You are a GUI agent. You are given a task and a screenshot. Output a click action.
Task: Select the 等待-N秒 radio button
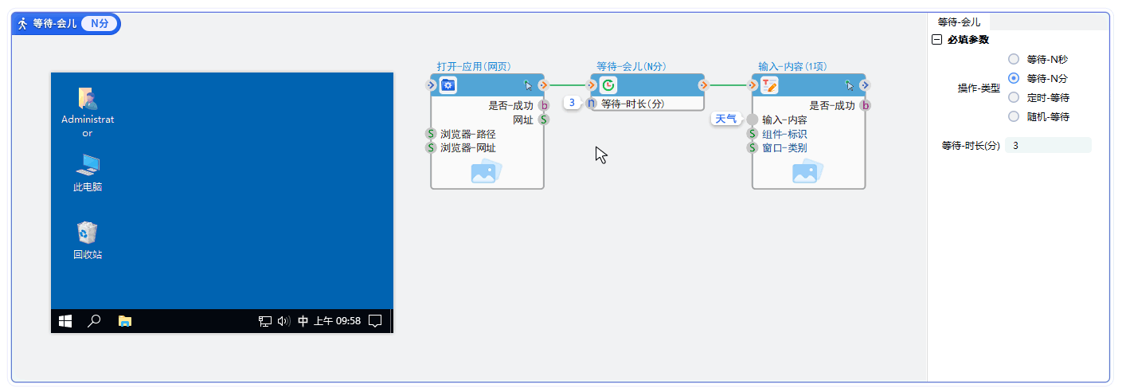pyautogui.click(x=1014, y=59)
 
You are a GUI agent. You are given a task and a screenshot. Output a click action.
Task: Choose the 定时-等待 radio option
pyautogui.click(x=1014, y=97)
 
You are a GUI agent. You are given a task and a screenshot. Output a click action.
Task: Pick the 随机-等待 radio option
pyautogui.click(x=1014, y=116)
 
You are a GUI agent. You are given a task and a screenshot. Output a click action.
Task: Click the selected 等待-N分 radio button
pyautogui.click(x=1014, y=78)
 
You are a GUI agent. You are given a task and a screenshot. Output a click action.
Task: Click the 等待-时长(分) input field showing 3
pyautogui.click(x=1048, y=145)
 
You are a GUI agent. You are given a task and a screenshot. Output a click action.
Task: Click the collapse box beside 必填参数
pyautogui.click(x=936, y=40)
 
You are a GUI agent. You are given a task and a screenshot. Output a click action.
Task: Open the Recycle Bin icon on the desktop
pyautogui.click(x=88, y=233)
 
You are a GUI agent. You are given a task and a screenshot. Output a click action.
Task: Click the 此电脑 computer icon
pyautogui.click(x=88, y=166)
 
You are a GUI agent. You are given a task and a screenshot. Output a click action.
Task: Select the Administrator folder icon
pyautogui.click(x=88, y=99)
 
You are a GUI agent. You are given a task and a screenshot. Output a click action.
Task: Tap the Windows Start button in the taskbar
pyautogui.click(x=66, y=321)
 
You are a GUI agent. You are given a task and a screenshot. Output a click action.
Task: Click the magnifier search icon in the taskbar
pyautogui.click(x=94, y=321)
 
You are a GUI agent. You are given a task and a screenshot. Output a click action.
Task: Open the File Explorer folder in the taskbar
pyautogui.click(x=125, y=321)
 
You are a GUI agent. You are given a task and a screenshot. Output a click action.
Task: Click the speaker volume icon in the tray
pyautogui.click(x=283, y=321)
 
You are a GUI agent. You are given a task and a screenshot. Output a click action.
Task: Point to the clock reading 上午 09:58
pyautogui.click(x=337, y=321)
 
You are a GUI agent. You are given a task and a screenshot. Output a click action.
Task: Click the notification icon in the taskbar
pyautogui.click(x=376, y=321)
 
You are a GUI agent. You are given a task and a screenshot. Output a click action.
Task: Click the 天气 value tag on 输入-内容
pyautogui.click(x=725, y=119)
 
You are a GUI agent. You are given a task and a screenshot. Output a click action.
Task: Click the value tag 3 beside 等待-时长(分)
pyautogui.click(x=572, y=103)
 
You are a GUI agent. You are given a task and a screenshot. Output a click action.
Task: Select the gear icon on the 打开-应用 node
pyautogui.click(x=448, y=85)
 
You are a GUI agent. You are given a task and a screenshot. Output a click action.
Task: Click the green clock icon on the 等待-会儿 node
pyautogui.click(x=608, y=85)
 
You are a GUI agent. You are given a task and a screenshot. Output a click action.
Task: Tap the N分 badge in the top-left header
pyautogui.click(x=100, y=23)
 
